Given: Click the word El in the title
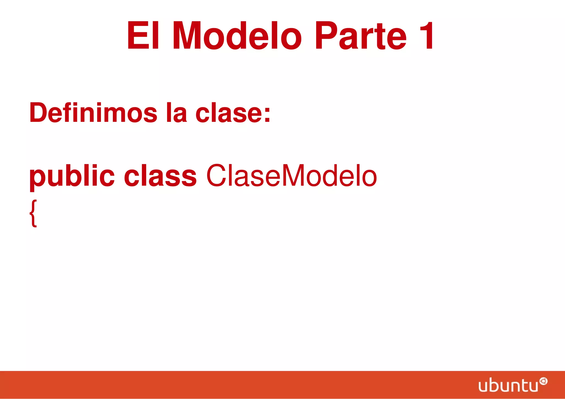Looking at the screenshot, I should point(143,36).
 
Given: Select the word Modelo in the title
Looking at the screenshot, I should point(237,36).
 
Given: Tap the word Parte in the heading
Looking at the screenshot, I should point(361,36).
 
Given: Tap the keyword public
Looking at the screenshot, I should point(72,176).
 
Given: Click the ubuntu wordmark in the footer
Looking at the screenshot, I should point(508,385).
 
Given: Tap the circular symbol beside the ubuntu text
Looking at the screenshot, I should point(543,381).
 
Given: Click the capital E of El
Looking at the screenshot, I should point(137,36).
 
